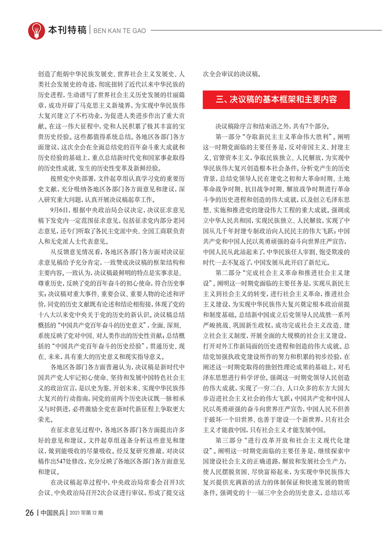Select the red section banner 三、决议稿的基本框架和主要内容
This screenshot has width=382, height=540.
[x=276, y=100]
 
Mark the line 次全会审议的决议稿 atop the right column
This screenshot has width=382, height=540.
[x=232, y=75]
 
